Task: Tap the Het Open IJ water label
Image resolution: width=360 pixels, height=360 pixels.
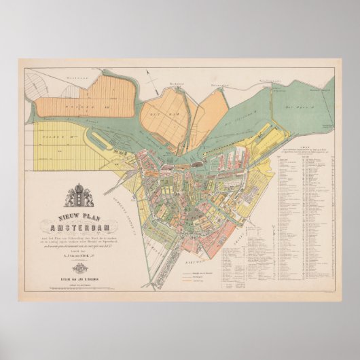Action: click(300, 107)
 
